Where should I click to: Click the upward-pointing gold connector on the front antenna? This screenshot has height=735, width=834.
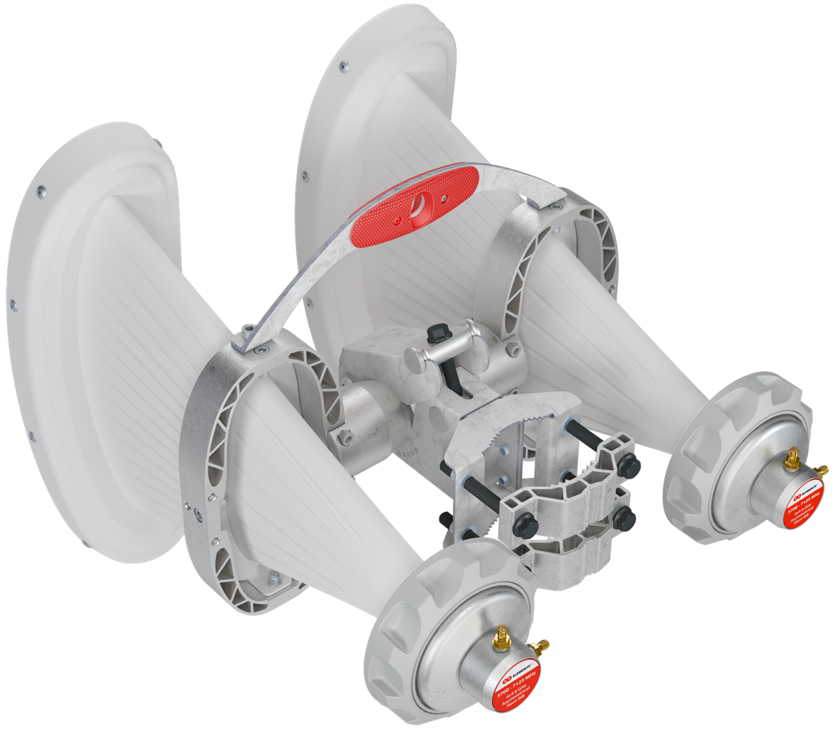click(x=500, y=635)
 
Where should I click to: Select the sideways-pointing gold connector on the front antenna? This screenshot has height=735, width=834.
click(x=541, y=647)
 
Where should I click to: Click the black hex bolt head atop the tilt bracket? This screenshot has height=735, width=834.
click(x=440, y=332)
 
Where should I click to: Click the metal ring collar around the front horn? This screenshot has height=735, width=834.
click(x=208, y=452)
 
